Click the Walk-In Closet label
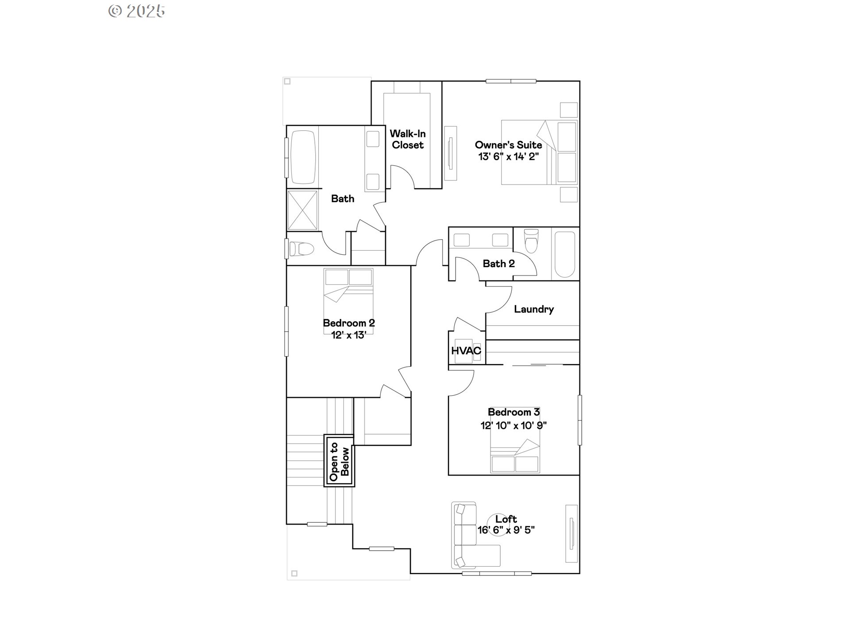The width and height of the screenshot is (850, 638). click(x=407, y=139)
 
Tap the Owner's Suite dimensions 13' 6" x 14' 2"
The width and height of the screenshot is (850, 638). click(x=508, y=156)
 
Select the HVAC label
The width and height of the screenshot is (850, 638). click(x=466, y=351)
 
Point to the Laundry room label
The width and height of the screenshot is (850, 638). click(x=533, y=309)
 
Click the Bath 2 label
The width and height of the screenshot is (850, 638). click(x=498, y=264)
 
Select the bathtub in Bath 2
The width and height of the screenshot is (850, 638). click(x=565, y=254)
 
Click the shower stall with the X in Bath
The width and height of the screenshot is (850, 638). click(x=302, y=210)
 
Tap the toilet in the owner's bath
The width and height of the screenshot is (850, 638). click(x=301, y=249)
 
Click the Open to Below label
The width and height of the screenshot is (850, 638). click(x=339, y=461)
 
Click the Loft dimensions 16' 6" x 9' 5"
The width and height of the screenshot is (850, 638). click(x=506, y=530)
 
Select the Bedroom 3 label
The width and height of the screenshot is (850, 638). click(x=514, y=412)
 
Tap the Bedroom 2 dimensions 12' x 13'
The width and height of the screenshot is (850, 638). click(x=349, y=335)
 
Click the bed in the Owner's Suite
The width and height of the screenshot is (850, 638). click(x=539, y=152)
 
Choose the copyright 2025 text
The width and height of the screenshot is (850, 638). click(x=137, y=11)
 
